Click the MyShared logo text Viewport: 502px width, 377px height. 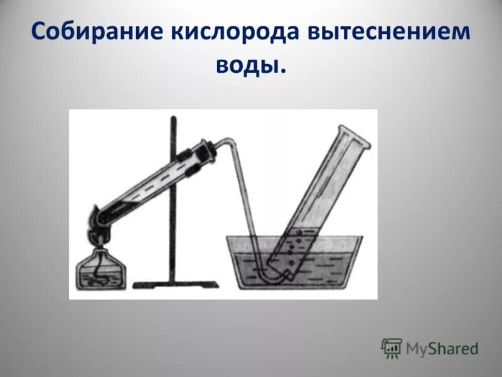click(442, 347)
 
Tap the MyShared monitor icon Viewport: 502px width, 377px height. click(392, 347)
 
